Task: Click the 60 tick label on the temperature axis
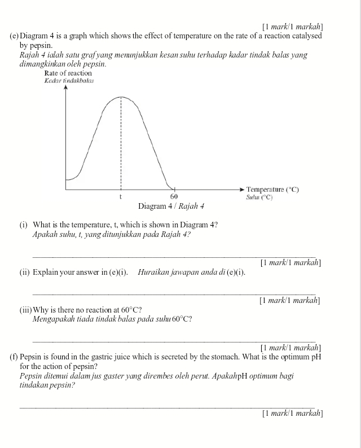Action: point(174,196)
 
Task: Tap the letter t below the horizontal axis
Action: point(120,196)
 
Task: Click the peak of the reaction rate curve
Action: point(121,97)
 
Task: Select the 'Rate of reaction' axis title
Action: point(68,73)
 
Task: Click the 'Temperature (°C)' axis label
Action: point(272,190)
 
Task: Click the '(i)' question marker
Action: point(24,225)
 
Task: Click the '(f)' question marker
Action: point(14,357)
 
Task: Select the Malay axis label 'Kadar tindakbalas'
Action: point(69,81)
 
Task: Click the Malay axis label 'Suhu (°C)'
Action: point(259,197)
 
